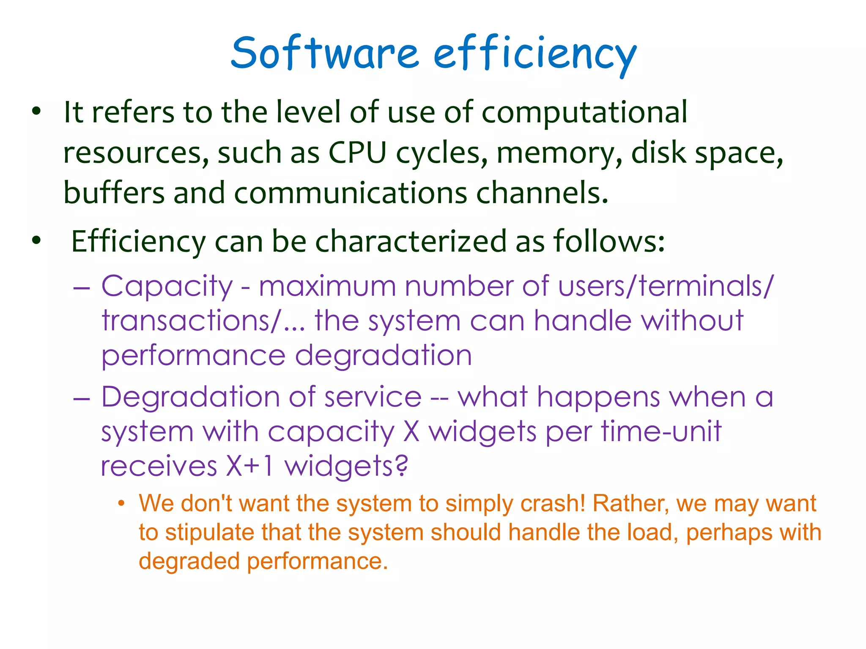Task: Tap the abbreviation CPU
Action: click(358, 153)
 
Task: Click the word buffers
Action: click(114, 193)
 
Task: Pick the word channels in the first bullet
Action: click(542, 193)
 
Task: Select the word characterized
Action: click(411, 241)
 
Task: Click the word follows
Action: click(609, 241)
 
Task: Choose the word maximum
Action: click(327, 286)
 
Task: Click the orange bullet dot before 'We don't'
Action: click(122, 504)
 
